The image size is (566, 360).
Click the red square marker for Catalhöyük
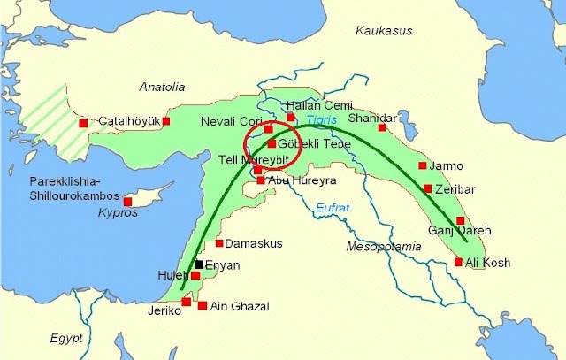click(x=166, y=121)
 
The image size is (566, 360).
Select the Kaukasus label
click(x=385, y=31)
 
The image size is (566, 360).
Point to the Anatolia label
click(x=163, y=87)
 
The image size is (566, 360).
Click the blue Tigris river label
click(x=323, y=119)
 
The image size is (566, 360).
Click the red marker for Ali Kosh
click(x=458, y=262)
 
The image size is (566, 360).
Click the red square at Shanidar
click(x=383, y=127)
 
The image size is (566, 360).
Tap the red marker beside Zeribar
click(x=428, y=188)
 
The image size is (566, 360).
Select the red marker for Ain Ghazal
click(x=203, y=306)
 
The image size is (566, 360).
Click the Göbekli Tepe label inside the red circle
click(x=310, y=143)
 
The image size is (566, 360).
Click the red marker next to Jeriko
click(x=186, y=302)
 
